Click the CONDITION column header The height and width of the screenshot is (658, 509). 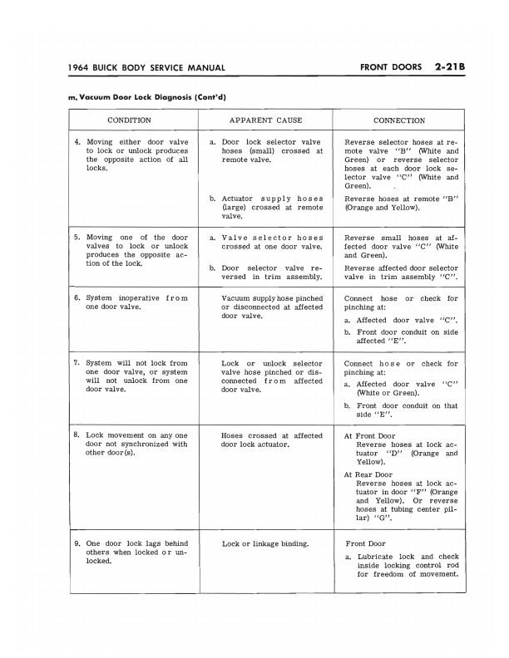point(129,120)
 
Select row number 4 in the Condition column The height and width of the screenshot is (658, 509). point(77,142)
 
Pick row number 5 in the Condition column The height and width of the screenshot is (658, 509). point(77,237)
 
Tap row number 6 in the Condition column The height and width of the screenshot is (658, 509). point(77,297)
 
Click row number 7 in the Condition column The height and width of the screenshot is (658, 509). point(77,363)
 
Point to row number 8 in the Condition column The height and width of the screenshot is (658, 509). point(77,435)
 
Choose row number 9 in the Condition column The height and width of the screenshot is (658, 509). point(77,543)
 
